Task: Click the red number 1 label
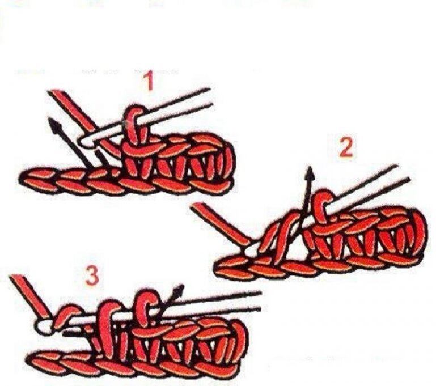pos(150,80)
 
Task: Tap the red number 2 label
pos(346,147)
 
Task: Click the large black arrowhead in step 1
pos(55,125)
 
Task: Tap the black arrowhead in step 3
pos(179,290)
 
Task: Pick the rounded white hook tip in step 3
pos(44,326)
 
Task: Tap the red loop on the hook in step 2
pos(323,205)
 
